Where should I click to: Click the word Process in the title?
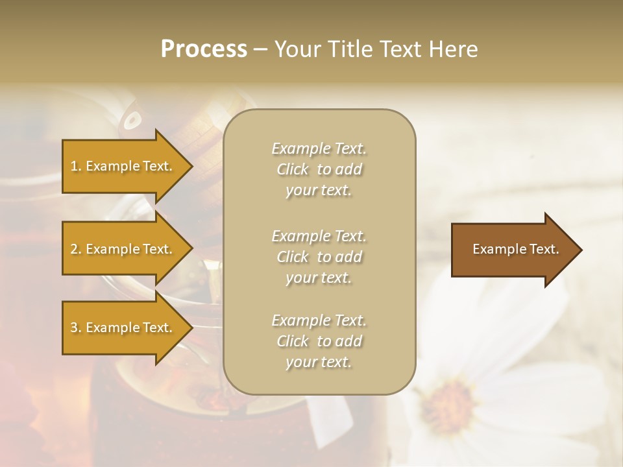coord(204,49)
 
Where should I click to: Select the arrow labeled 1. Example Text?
coord(123,166)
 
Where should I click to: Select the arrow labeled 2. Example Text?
coord(123,249)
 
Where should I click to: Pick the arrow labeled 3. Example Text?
coord(123,328)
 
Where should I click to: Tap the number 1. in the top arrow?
coord(76,166)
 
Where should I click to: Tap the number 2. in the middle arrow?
coord(76,249)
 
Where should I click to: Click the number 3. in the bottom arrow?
coord(76,328)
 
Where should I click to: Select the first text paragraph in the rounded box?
coord(319,169)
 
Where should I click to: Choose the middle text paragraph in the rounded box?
coord(319,257)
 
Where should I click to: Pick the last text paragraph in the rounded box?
coord(319,341)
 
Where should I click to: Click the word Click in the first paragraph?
coord(293,170)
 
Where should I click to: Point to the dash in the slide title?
coord(260,49)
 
